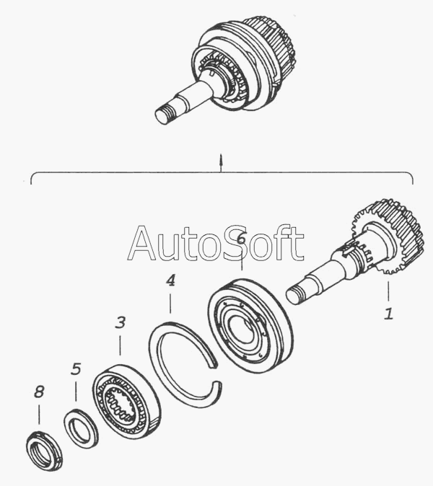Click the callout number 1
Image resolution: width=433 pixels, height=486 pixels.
coord(388,314)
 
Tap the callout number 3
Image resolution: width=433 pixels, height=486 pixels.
coord(121,322)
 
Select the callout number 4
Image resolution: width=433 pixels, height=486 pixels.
coord(170,280)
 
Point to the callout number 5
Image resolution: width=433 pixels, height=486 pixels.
coord(76,369)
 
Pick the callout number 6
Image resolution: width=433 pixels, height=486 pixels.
coord(241,239)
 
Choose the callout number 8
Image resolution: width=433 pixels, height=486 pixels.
coord(39,392)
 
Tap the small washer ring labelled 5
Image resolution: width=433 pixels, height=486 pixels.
coord(81,428)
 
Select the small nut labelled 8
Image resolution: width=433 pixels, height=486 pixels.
coord(44,451)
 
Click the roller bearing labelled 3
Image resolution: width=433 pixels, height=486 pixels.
coord(126,401)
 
